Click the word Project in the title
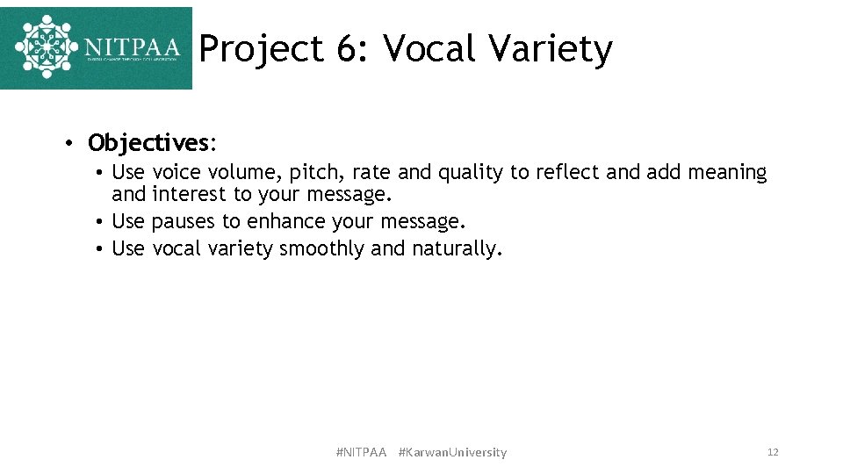(261, 49)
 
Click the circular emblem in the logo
(47, 47)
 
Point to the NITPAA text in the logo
(132, 46)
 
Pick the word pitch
(312, 173)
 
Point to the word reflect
(567, 173)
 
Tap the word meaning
(726, 173)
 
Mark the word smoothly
(321, 249)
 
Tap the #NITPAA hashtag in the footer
(361, 452)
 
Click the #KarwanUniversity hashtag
(452, 452)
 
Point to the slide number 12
(773, 452)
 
